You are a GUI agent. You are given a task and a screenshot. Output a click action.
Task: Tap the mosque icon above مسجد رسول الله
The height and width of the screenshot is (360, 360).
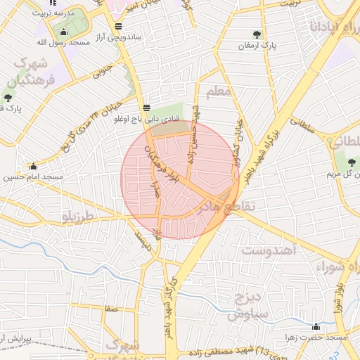point(64,32)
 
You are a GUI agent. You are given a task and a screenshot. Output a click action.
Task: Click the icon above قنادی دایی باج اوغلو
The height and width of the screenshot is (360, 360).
point(146,108)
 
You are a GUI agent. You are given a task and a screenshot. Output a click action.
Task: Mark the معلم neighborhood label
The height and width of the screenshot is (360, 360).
point(219,92)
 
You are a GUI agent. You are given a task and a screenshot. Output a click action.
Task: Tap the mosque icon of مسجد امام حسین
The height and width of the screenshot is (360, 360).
point(33,167)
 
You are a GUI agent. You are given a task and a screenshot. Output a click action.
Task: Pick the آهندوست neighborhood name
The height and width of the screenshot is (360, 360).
point(270,250)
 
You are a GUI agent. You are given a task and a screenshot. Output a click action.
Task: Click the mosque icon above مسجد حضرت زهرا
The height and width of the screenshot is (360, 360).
point(316,326)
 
